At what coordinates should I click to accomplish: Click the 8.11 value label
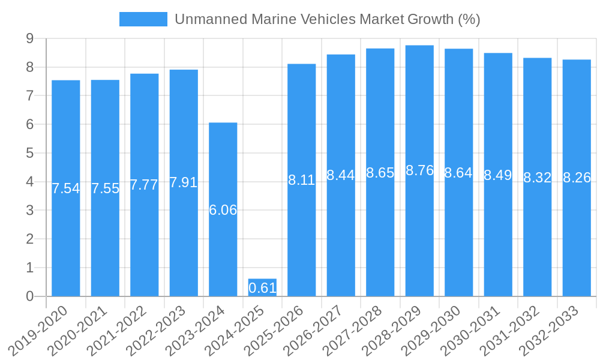[x=302, y=180]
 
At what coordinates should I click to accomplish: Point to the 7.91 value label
[x=184, y=182]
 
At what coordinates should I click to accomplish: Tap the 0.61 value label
[x=262, y=288]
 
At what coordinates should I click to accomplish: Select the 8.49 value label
[x=498, y=175]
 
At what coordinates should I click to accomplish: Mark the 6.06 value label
[x=223, y=210]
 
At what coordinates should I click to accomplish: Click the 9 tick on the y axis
[x=29, y=39]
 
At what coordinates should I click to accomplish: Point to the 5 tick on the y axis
[x=29, y=153]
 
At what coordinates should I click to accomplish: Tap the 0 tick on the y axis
[x=29, y=296]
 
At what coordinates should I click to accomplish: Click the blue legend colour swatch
[x=143, y=19]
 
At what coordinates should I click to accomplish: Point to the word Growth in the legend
[x=430, y=19]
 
